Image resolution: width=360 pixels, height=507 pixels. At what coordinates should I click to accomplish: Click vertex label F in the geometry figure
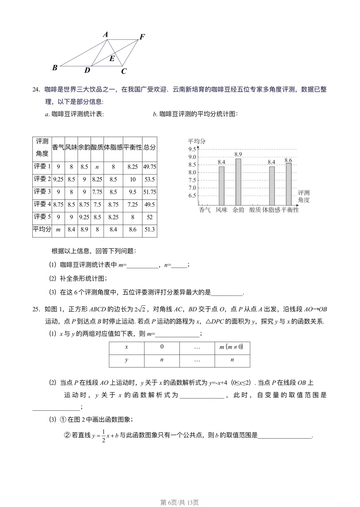point(142,37)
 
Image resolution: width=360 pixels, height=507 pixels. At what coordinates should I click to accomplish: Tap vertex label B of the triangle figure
point(55,68)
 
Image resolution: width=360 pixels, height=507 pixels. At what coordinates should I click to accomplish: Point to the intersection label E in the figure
point(112,59)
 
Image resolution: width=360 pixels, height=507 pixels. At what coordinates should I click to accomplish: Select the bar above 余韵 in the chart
point(238,182)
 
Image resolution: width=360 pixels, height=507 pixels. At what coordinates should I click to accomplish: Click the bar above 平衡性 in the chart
point(289,184)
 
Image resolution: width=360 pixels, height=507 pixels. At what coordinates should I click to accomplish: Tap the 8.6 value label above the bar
point(288,161)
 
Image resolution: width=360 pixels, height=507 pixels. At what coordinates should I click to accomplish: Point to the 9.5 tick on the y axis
point(192,149)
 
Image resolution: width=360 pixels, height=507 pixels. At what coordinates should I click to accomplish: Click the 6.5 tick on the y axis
point(192,196)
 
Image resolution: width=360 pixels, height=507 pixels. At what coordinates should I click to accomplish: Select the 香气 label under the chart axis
point(205,210)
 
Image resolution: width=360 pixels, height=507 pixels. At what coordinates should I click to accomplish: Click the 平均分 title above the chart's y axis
point(197,141)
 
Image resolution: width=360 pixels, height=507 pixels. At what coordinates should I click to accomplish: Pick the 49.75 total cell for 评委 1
point(150,167)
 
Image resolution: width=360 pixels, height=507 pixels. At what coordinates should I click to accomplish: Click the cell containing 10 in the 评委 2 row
point(133,179)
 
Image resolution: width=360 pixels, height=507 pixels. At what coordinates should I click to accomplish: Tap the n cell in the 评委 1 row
point(97,167)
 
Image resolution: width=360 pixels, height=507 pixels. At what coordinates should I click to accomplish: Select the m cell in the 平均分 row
point(58,230)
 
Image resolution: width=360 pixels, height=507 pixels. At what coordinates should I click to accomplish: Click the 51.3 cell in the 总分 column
point(150,230)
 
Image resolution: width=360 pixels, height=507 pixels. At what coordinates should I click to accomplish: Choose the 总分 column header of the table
point(150,147)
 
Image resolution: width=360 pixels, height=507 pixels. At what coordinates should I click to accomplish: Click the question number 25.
point(36,309)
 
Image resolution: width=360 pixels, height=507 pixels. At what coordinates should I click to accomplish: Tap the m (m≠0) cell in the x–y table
point(232,347)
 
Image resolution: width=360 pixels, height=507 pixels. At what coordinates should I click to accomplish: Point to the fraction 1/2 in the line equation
point(103,436)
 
